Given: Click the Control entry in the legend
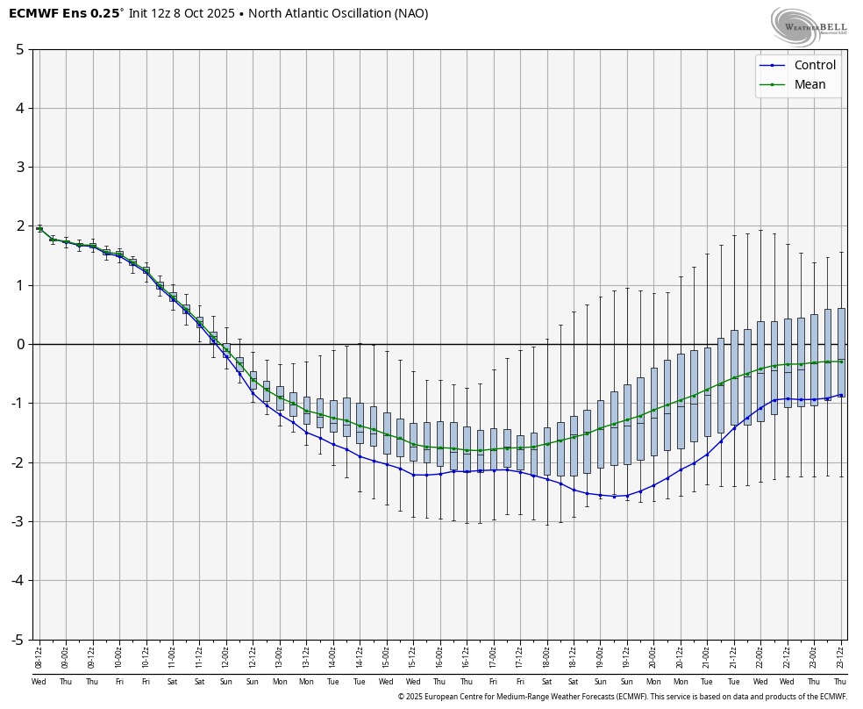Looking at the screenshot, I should [814, 65].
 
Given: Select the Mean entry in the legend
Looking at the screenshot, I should [810, 84].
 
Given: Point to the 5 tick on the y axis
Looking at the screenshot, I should [19, 49].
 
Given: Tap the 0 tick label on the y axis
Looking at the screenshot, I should [19, 344].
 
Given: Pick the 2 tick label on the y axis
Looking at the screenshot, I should [19, 226].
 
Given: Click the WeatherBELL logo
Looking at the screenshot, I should [809, 25].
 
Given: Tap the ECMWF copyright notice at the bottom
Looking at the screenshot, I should [622, 697].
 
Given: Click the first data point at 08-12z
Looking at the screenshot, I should [39, 228].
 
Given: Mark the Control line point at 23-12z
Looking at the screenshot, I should [841, 395].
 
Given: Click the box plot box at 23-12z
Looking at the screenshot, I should [841, 351].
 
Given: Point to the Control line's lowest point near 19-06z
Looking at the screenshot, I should [614, 496].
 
